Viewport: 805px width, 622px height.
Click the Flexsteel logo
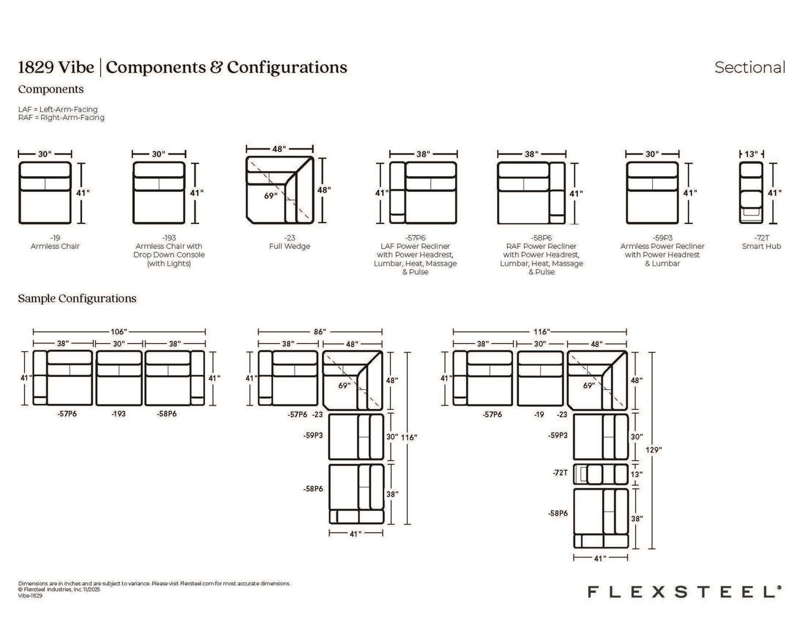(685, 591)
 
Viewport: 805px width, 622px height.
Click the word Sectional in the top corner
(749, 67)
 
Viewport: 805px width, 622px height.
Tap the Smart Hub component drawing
(751, 193)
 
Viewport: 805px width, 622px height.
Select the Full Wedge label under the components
(289, 246)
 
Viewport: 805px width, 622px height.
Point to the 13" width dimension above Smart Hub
(752, 154)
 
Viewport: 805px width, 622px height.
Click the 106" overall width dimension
(119, 332)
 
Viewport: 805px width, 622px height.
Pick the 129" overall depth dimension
(653, 450)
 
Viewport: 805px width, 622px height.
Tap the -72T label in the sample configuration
(560, 473)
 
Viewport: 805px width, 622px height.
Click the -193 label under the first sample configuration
(119, 414)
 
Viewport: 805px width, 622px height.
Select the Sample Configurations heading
(77, 298)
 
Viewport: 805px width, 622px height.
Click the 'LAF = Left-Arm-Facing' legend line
(58, 109)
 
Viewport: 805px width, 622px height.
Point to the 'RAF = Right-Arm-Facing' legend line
(61, 117)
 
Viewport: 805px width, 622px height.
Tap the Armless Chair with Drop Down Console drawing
(159, 193)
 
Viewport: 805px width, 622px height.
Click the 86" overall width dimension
(320, 332)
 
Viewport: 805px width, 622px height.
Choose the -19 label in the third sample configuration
(539, 415)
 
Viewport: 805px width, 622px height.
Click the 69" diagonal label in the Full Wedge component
(270, 196)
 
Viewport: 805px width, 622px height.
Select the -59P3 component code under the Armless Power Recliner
(662, 238)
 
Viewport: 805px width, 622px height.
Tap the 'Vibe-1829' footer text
(31, 596)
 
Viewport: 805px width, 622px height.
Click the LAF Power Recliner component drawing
(423, 193)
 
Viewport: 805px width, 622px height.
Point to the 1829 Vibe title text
(56, 67)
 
